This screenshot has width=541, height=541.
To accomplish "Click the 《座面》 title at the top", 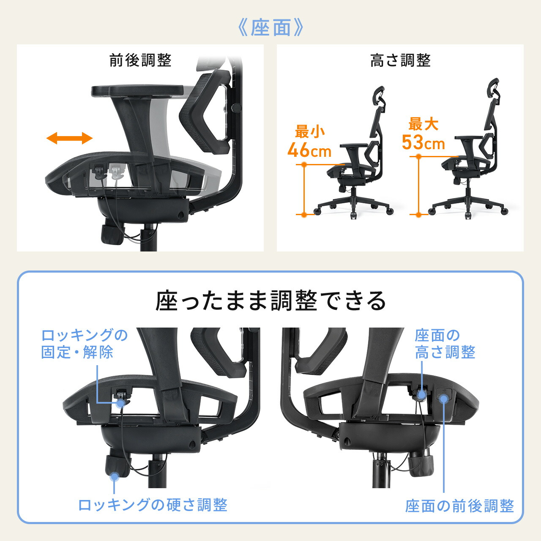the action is click(x=270, y=28).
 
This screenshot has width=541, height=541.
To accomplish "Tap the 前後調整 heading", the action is click(x=140, y=60).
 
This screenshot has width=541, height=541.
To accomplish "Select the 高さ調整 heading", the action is click(x=400, y=60).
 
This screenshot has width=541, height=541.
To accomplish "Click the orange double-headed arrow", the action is click(x=69, y=138).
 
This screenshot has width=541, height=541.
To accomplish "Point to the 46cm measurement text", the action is click(x=309, y=150).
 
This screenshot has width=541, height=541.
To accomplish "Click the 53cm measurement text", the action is click(x=424, y=142).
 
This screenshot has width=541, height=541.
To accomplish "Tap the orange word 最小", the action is click(x=310, y=132).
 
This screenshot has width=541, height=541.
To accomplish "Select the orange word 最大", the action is click(x=423, y=124).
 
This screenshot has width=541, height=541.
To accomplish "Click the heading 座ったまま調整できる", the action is click(x=270, y=301).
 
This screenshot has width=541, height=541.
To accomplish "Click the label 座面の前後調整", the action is click(x=459, y=506).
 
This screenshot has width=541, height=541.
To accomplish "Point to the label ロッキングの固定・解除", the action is click(x=84, y=344).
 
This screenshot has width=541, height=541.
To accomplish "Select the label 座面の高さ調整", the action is click(x=445, y=344).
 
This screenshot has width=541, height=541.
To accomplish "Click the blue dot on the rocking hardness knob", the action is click(x=114, y=476).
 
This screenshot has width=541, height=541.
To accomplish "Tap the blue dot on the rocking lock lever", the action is click(x=121, y=404).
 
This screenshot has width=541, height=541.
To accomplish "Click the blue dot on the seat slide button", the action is click(x=444, y=399).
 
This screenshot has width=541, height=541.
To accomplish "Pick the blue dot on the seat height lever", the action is click(x=421, y=395).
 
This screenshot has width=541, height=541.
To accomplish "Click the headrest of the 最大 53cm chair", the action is click(x=493, y=87).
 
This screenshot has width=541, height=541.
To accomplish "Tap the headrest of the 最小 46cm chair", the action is click(x=379, y=95).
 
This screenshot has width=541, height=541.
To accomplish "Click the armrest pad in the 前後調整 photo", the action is click(x=137, y=90).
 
